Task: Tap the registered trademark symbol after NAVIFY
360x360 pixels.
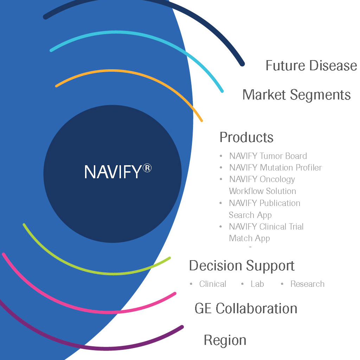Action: click(147, 168)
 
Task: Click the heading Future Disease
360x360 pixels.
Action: click(311, 66)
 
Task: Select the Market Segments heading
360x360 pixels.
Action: click(296, 95)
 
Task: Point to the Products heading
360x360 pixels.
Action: click(246, 137)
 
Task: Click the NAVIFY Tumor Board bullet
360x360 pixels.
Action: click(268, 156)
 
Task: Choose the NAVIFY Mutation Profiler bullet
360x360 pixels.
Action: click(275, 168)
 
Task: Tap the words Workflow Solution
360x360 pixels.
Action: click(262, 191)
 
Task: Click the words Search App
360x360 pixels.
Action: click(250, 215)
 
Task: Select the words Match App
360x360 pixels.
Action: click(249, 238)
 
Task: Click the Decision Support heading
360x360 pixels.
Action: click(242, 266)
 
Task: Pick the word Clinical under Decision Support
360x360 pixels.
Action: click(212, 284)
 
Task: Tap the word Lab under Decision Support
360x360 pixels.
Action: click(257, 284)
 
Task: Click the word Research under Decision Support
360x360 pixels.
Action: click(307, 284)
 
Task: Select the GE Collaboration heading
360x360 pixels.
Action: click(246, 309)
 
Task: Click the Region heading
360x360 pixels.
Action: click(225, 340)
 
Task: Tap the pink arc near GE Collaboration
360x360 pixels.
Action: click(105, 311)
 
